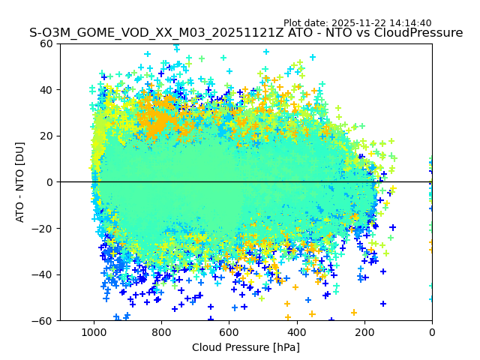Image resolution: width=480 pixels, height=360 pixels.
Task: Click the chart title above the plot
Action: pyautogui.click(x=246, y=33)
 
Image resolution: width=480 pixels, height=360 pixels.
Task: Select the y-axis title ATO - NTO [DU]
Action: pyautogui.click(x=20, y=182)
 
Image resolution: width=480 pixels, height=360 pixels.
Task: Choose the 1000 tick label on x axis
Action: pyautogui.click(x=94, y=331)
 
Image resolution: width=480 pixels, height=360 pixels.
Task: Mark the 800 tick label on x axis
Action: pyautogui.click(x=161, y=331)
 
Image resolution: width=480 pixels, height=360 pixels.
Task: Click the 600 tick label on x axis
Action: pyautogui.click(x=229, y=331)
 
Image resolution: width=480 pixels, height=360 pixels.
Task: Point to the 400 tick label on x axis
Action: pyautogui.click(x=297, y=331)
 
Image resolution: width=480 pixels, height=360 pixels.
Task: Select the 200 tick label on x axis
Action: pyautogui.click(x=364, y=331)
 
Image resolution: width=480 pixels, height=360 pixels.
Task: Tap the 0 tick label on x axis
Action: pyautogui.click(x=432, y=331)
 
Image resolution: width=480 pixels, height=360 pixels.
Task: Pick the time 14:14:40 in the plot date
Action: pyautogui.click(x=410, y=23)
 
